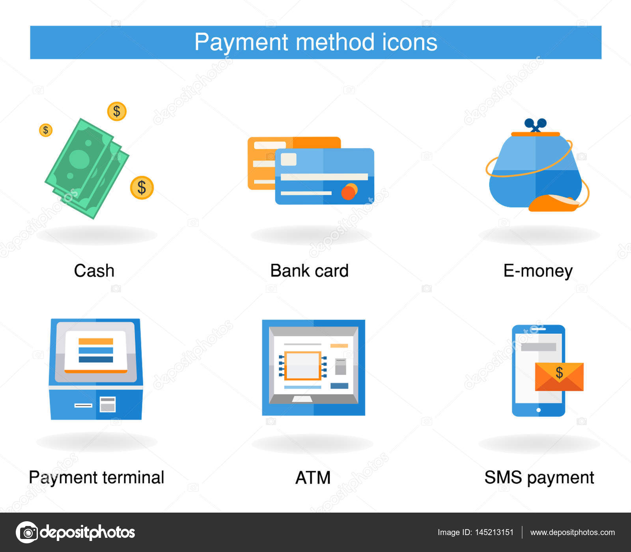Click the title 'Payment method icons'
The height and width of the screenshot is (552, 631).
pos(315,42)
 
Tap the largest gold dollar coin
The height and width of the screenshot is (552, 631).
pos(142,188)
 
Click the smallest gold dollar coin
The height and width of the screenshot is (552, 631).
pos(46,130)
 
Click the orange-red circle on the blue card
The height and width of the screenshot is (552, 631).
pos(349,192)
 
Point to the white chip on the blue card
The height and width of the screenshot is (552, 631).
pos(288,159)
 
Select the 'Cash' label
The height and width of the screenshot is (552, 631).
pos(94,271)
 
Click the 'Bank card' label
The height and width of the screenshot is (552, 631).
pos(310,271)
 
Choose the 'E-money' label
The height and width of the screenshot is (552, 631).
pos(538,271)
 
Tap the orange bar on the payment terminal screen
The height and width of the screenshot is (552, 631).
pos(96,341)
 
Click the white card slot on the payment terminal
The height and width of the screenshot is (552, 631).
pos(84,405)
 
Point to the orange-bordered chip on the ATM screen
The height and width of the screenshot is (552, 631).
pos(302,365)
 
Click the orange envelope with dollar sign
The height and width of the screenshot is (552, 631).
pos(559,377)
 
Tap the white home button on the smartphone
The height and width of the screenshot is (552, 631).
pos(538,410)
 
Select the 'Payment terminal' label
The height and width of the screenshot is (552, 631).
pos(97,478)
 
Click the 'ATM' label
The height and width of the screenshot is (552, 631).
pos(313,478)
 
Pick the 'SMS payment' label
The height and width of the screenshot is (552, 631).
pos(539,478)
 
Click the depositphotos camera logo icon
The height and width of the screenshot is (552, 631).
pos(27,532)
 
